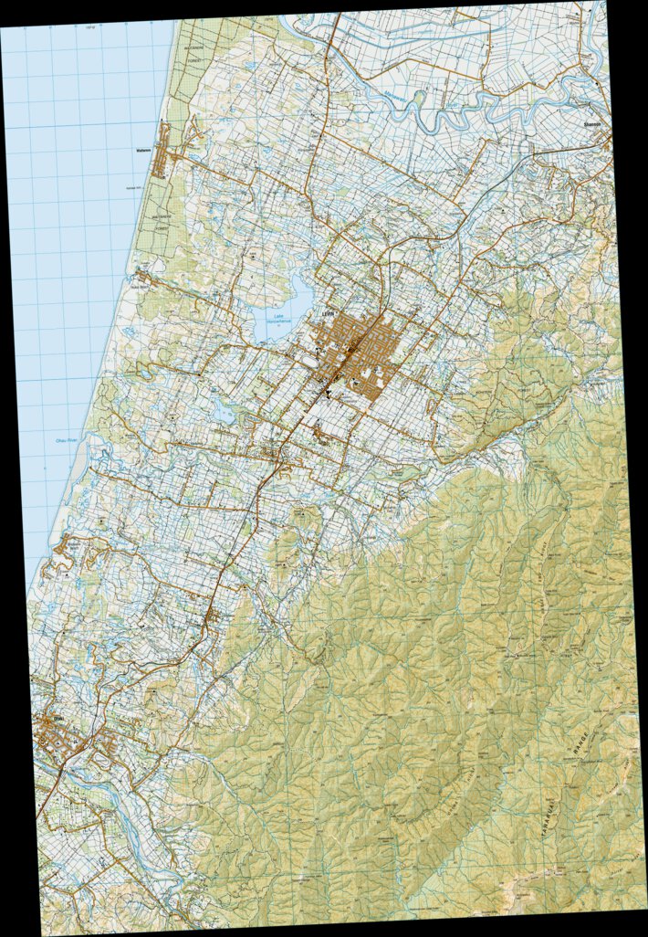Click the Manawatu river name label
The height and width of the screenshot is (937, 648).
tap(377, 89)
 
